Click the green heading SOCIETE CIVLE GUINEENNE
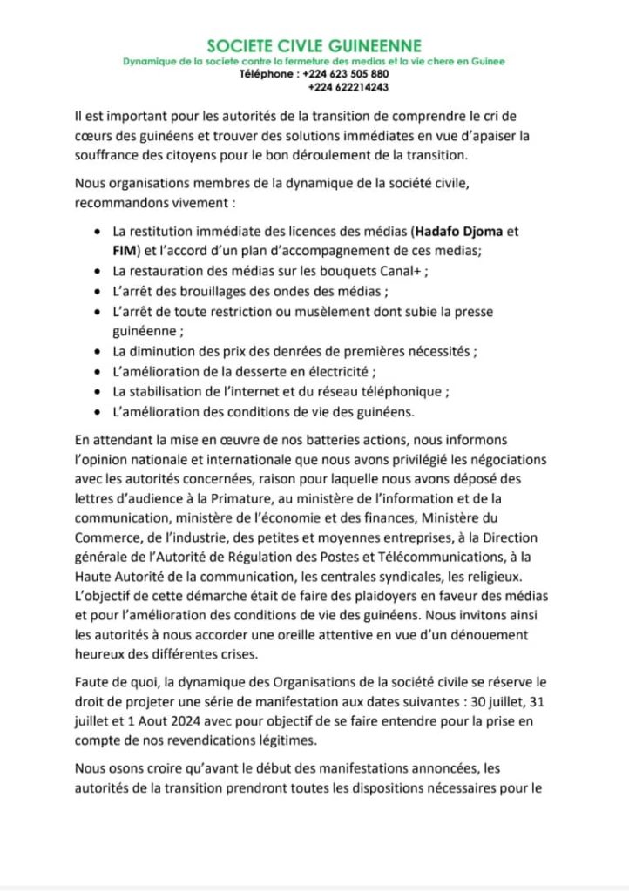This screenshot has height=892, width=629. [314, 45]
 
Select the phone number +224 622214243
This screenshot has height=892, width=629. [348, 87]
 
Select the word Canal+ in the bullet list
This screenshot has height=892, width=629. [403, 271]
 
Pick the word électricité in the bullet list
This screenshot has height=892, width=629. [322, 371]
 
